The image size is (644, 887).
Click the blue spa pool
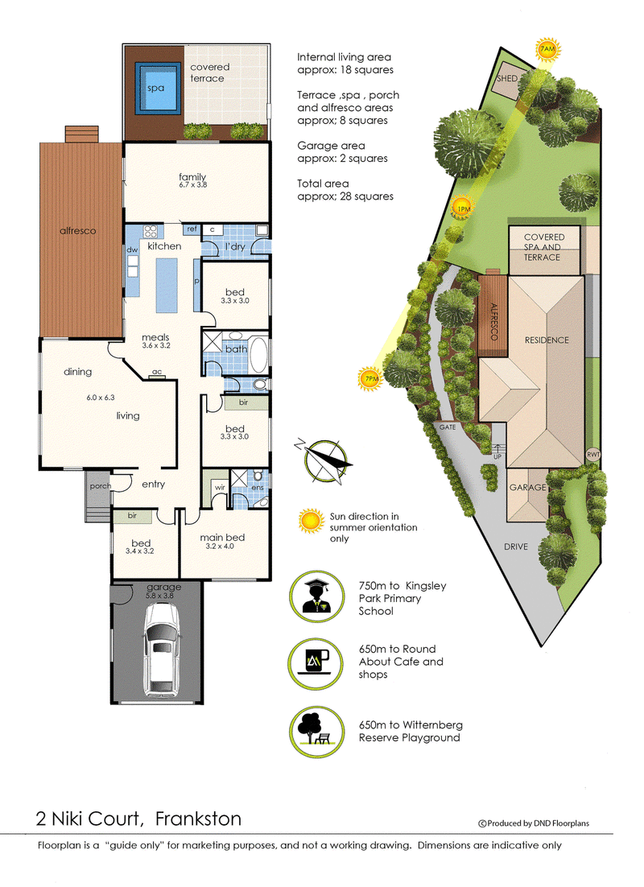[x=155, y=89]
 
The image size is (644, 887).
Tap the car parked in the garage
[x=163, y=650]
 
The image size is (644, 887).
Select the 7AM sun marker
[x=547, y=50]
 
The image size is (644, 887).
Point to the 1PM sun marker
[x=464, y=208]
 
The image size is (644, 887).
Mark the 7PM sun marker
[x=370, y=378]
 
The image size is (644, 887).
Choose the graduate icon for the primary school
[x=317, y=597]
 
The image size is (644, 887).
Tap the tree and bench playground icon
[x=317, y=731]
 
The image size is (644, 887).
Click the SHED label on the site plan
[x=507, y=79]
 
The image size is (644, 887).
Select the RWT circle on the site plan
[x=592, y=454]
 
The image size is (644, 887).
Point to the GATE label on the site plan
[x=448, y=427]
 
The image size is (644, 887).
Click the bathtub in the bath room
[x=258, y=355]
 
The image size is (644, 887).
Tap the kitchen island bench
[x=167, y=285]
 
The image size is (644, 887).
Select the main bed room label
[x=222, y=538]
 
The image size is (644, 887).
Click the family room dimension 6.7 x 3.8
[x=193, y=185]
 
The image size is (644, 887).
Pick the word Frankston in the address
[x=198, y=819]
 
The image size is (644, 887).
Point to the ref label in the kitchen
[x=192, y=229]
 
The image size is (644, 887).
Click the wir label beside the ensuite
[x=220, y=487]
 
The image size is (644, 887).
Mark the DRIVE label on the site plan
[x=516, y=547]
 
